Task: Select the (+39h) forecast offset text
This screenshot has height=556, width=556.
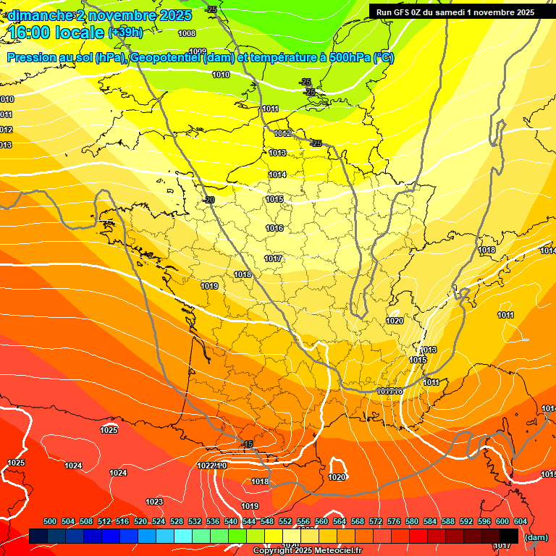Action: coord(125,33)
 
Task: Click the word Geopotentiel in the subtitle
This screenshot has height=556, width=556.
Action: coord(169,58)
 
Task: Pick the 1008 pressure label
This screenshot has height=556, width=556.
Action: coord(187,33)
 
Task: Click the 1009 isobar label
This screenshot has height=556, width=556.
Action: coord(198,51)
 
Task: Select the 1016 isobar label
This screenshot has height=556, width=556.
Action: coord(274,228)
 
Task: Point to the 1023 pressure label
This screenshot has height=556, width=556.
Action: coord(154,502)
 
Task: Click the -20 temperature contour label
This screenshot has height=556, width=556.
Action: coord(209,200)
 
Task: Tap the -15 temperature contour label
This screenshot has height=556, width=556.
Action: coord(248,444)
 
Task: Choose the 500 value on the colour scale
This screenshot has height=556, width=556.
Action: coord(50,521)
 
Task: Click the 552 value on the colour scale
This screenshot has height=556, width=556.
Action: coord(285,521)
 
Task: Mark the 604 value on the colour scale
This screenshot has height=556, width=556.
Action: coord(521,521)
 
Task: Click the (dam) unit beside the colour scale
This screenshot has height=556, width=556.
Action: coord(535,537)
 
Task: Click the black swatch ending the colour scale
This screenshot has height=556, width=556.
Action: coord(508,536)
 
